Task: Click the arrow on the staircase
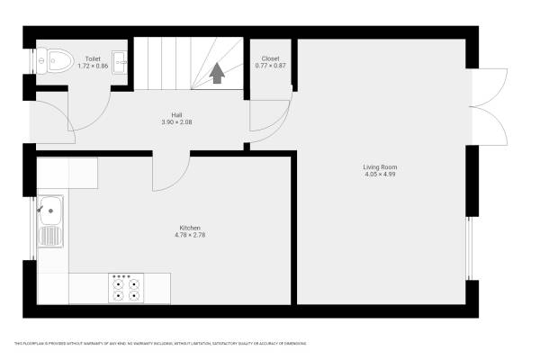coord(217,73)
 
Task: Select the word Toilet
coord(93,58)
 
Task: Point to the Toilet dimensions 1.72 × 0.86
coord(93,66)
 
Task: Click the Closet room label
coord(270,58)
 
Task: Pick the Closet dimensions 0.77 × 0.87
coord(270,66)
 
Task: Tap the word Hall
coord(177,114)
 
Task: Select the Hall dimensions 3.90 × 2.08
coord(177,121)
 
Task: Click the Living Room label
coord(380,166)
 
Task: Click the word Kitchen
coord(189,228)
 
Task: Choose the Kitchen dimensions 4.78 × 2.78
coord(189,235)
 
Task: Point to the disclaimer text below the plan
coord(160,343)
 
